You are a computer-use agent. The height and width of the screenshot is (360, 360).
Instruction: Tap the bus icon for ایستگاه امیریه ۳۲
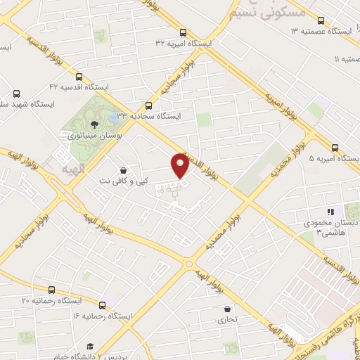[184, 32]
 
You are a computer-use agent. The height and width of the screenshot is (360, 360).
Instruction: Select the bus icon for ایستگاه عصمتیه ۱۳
[321, 20]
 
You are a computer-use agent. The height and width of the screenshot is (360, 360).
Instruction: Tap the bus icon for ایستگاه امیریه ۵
[335, 148]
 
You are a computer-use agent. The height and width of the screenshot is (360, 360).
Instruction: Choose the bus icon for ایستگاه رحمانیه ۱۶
[103, 304]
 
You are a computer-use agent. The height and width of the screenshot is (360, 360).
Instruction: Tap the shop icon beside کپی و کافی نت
[124, 170]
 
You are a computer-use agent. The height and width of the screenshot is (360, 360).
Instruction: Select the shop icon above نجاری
[227, 309]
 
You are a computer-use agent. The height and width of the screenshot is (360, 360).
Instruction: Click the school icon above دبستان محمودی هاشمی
[329, 211]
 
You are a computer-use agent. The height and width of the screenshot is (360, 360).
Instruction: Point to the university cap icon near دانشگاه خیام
[90, 347]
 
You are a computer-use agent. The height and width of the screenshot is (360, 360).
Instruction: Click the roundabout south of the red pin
[188, 264]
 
